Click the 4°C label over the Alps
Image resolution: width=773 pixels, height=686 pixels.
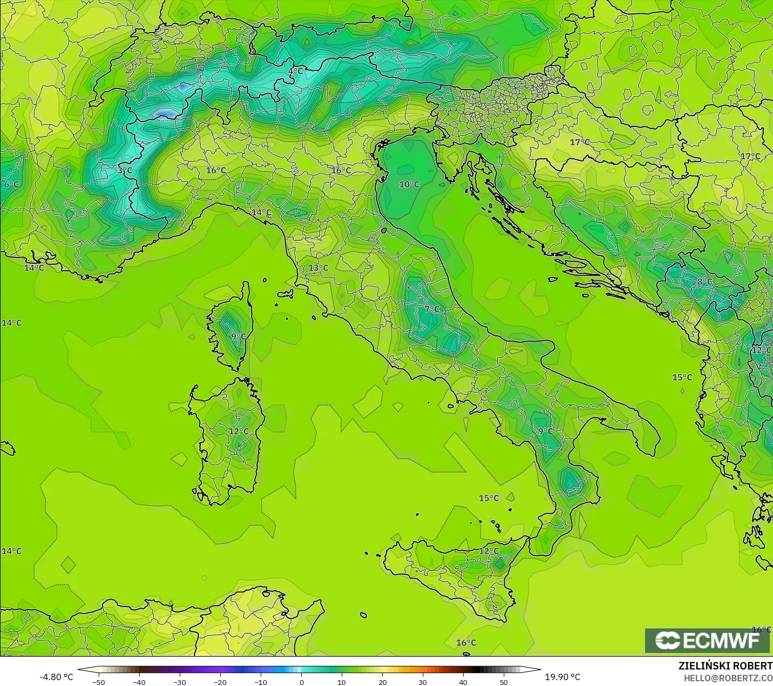coord(295,71)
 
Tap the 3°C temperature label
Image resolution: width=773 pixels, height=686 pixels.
coord(125,171)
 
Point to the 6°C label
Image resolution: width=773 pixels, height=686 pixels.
coord(11,184)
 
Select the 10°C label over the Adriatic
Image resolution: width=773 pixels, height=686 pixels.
coord(409,184)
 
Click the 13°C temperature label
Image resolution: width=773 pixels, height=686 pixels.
coord(318,268)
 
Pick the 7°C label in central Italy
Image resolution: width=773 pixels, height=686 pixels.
coord(432,309)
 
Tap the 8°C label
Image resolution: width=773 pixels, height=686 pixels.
coord(704,281)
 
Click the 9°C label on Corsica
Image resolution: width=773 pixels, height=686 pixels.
coord(238,336)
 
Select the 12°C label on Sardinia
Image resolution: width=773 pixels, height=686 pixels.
coord(238,431)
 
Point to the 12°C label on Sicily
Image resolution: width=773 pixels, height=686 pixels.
coord(489,551)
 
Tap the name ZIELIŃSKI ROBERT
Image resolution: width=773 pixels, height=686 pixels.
coord(725,666)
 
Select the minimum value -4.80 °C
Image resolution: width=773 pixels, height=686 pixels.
coord(57,677)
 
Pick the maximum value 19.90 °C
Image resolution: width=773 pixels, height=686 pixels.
coord(562,677)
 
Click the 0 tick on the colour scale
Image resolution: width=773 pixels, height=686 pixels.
coord(301,682)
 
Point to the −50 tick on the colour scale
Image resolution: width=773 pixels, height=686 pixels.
coord(98,682)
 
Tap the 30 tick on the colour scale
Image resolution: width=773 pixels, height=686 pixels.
coord(423,682)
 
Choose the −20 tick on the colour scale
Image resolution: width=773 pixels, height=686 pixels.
coord(220,682)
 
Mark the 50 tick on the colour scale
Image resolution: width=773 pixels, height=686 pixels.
coord(504,682)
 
